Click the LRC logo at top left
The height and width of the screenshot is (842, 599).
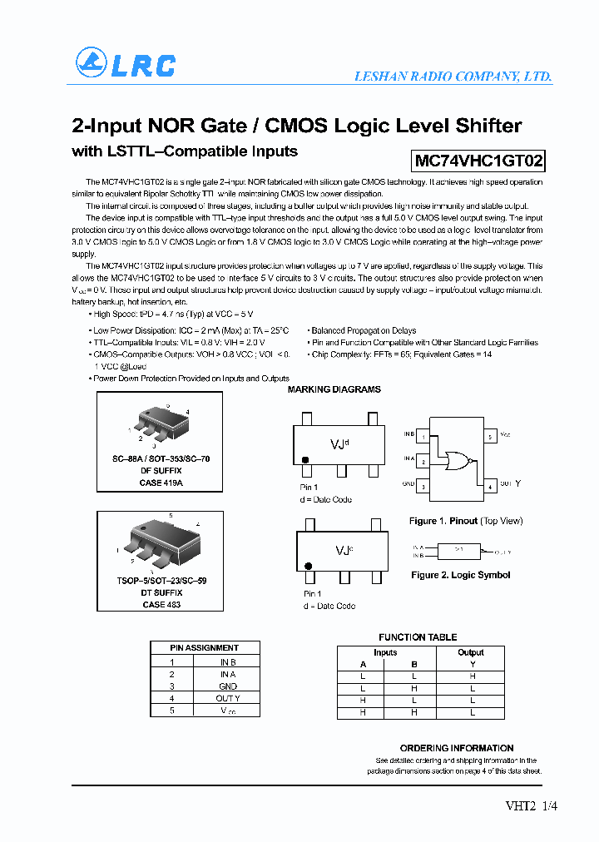tap(126, 64)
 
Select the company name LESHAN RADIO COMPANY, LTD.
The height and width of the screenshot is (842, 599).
tap(453, 77)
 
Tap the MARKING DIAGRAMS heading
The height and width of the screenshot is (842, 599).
tap(334, 389)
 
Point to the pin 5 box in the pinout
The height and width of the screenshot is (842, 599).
tap(491, 436)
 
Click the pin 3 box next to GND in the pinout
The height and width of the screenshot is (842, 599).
tap(423, 486)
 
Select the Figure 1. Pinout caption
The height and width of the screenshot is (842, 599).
tap(466, 521)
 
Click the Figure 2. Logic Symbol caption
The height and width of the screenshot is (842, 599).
tap(460, 575)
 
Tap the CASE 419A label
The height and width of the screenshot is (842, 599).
tap(161, 483)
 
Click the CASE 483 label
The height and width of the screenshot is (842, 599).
tap(161, 605)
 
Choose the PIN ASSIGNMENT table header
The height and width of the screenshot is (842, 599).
tap(205, 647)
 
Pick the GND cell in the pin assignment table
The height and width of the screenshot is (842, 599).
tap(227, 686)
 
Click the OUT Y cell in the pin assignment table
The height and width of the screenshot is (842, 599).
tap(227, 698)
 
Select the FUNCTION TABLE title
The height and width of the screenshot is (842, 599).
tap(418, 637)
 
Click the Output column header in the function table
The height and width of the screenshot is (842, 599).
tap(470, 652)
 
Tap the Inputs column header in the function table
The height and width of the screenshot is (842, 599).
tap(385, 652)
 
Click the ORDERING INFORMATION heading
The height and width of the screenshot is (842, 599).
tap(457, 748)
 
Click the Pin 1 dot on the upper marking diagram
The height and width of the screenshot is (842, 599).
tap(305, 460)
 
